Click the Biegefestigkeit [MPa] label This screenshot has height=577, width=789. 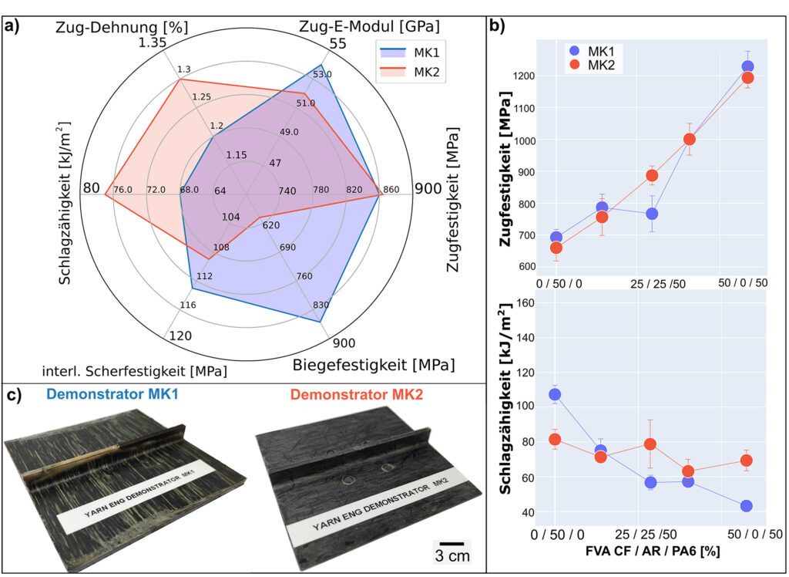coord(372,363)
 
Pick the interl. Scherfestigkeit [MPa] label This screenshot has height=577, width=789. coord(135,370)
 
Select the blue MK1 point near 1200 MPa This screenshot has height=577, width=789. coord(747,67)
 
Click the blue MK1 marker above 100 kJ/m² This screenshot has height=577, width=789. coord(556,394)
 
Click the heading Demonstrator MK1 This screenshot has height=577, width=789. coord(112,394)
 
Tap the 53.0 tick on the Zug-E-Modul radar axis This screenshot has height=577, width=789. coord(323,74)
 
